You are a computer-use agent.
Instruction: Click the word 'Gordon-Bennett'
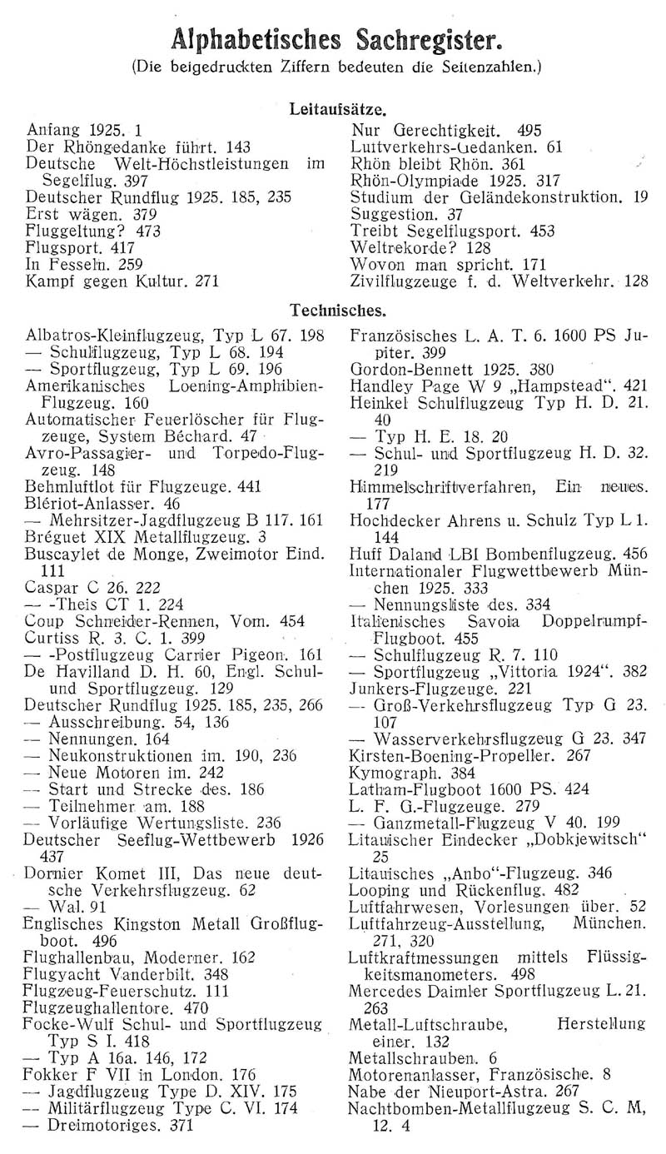(405, 367)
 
